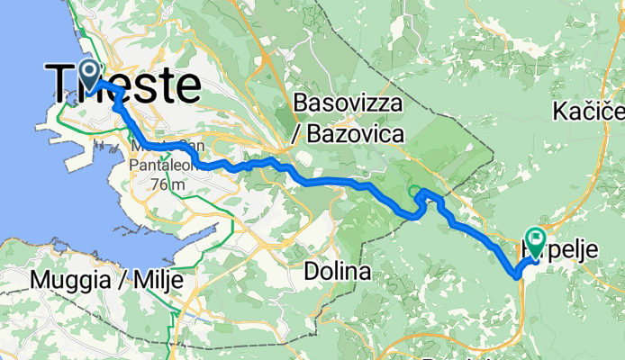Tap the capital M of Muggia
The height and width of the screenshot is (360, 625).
pyautogui.click(x=38, y=280)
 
